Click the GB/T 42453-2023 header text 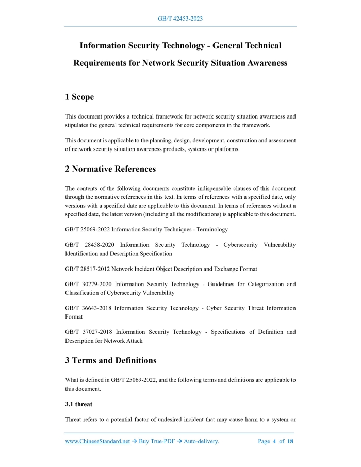(x=180, y=19)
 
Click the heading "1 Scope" (x=79, y=97)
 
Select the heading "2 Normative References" (x=110, y=169)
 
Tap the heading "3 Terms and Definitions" (x=111, y=360)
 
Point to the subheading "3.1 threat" (x=78, y=404)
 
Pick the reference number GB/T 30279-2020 (x=88, y=284)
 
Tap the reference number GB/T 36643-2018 (x=87, y=308)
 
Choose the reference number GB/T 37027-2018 (x=87, y=332)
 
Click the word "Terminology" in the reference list (x=211, y=229)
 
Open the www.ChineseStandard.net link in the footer (x=97, y=441)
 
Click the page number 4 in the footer (x=274, y=441)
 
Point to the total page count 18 (x=290, y=441)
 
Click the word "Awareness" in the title (x=261, y=63)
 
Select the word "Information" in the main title (x=105, y=46)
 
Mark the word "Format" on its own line (x=74, y=317)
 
